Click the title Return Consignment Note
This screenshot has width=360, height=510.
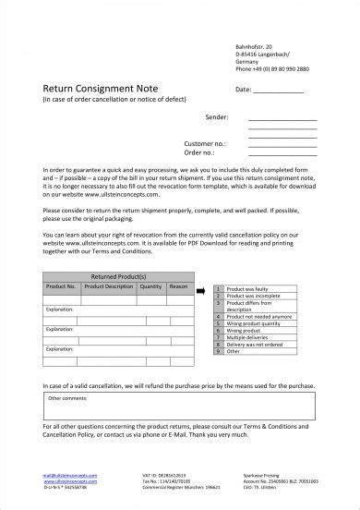click(x=88, y=90)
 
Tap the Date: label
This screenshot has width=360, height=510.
click(x=244, y=90)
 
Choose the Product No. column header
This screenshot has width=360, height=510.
click(x=60, y=285)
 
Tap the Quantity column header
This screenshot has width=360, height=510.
click(x=150, y=285)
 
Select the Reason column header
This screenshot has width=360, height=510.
click(x=178, y=285)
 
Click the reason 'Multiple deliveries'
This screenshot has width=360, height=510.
click(x=247, y=338)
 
